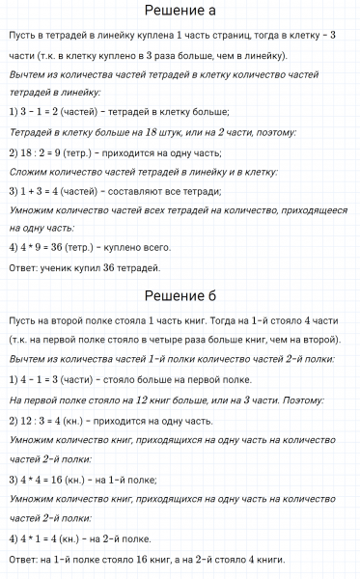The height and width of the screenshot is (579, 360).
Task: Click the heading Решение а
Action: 180,13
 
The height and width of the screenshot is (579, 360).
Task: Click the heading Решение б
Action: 180,295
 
